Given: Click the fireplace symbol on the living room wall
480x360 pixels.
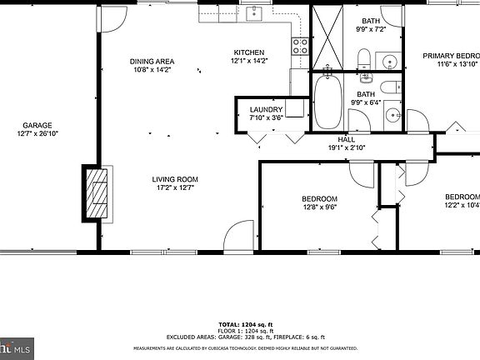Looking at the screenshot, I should point(97,193).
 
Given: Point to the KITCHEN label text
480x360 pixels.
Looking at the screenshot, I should point(248,52).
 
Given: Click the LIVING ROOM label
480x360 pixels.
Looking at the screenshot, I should point(174,179).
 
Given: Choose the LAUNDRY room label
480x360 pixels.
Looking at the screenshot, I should point(266,109).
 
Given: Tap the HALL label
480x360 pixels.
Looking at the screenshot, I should point(347,138).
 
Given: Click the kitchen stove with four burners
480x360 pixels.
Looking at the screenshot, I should point(300,46).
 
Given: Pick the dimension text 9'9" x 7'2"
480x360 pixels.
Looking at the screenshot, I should point(370,30).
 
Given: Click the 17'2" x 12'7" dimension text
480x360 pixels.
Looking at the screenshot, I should point(174,189).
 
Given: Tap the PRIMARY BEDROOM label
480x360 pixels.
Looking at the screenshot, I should point(451,56).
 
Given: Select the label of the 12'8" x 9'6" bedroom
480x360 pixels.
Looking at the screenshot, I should point(319,198).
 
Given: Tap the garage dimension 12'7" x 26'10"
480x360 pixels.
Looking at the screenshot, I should point(38,133).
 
